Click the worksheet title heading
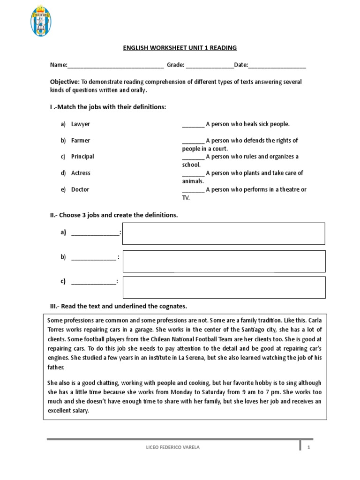(x=180, y=48)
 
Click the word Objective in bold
(x=65, y=82)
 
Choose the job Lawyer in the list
(x=80, y=124)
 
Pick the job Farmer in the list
(x=81, y=141)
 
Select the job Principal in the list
(x=82, y=157)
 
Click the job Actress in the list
(x=81, y=173)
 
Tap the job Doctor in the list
(x=80, y=189)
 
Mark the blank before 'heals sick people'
(x=193, y=125)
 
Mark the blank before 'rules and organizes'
(x=193, y=157)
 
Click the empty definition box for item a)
(x=224, y=233)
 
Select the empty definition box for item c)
(x=224, y=287)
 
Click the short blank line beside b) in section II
(x=93, y=258)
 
